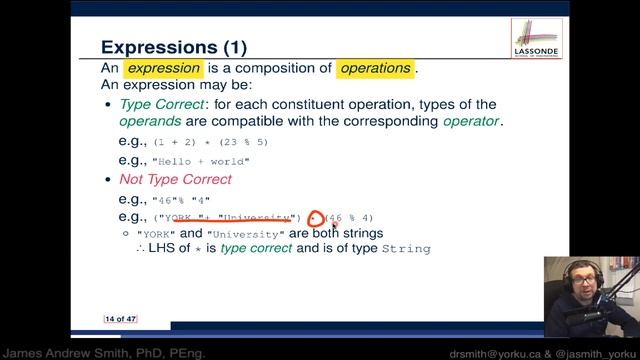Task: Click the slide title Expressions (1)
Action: [x=174, y=47]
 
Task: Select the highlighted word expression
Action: [x=162, y=69]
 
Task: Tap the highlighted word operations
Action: [x=375, y=69]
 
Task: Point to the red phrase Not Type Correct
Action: [x=175, y=179]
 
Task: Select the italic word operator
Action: [x=471, y=122]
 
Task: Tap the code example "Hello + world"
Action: [x=200, y=161]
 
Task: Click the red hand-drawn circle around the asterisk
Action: [x=317, y=217]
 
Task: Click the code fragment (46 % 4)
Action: [x=350, y=218]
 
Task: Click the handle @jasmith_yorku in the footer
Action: [x=596, y=352]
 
